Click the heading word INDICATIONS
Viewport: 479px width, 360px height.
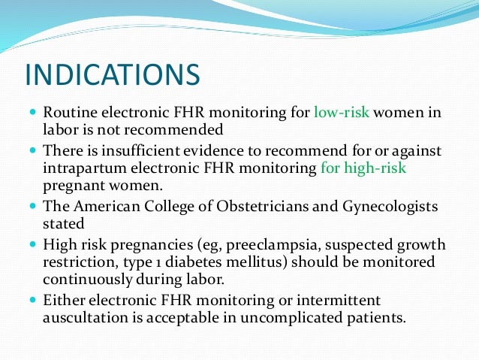tap(113, 76)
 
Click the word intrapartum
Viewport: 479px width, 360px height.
tap(85, 168)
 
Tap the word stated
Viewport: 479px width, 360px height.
tap(64, 223)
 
